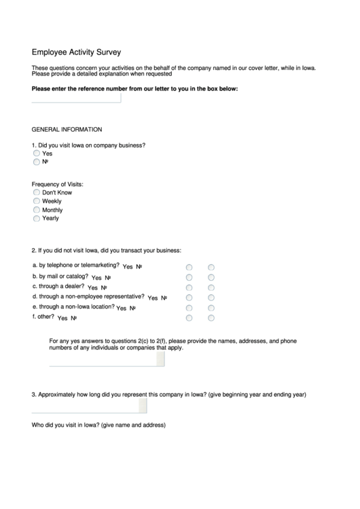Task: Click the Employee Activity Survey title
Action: pyautogui.click(x=76, y=51)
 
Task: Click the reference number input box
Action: pyautogui.click(x=76, y=99)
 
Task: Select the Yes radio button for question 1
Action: pyautogui.click(x=37, y=154)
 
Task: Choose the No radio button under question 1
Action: pyautogui.click(x=37, y=162)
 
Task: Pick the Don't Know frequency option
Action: pyautogui.click(x=37, y=193)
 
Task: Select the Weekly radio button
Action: pyautogui.click(x=37, y=202)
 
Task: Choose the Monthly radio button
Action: pyautogui.click(x=37, y=211)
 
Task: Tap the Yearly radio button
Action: pyautogui.click(x=37, y=219)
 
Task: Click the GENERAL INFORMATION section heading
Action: pyautogui.click(x=67, y=129)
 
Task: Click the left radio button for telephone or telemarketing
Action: pyautogui.click(x=190, y=267)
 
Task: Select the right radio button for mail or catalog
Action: pyautogui.click(x=211, y=277)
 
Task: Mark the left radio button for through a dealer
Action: pyautogui.click(x=190, y=287)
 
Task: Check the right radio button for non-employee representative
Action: pyautogui.click(x=211, y=298)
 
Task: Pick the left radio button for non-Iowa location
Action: pyautogui.click(x=190, y=308)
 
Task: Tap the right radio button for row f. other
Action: pyautogui.click(x=211, y=317)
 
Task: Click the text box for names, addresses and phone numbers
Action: pyautogui.click(x=107, y=359)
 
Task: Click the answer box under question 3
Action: pyautogui.click(x=89, y=406)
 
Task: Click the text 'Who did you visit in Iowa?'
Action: pyautogui.click(x=98, y=426)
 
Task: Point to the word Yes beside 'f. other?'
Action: pyautogui.click(x=62, y=319)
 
